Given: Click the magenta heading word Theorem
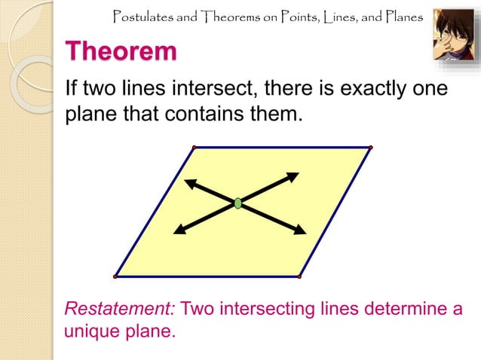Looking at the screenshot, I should [121, 52].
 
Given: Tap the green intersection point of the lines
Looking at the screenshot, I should [238, 203].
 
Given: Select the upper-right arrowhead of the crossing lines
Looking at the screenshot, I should [293, 177].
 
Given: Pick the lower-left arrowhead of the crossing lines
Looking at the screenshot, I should [179, 230].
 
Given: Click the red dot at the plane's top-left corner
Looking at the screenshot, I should [194, 147].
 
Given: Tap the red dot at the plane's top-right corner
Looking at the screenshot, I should [371, 147].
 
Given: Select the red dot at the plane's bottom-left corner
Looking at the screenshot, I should [115, 276].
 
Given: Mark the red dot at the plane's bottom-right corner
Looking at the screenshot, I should [299, 276].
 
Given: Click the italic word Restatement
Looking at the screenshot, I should [121, 309].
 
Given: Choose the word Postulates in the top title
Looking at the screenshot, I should [141, 15].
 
